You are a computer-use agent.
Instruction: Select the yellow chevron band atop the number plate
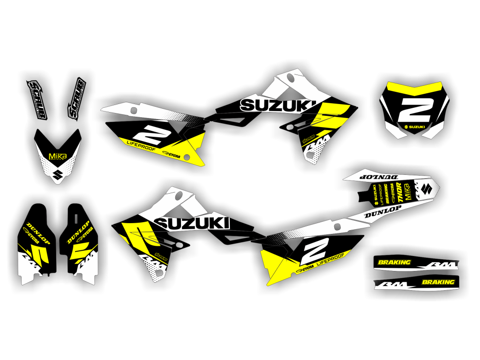click(414, 88)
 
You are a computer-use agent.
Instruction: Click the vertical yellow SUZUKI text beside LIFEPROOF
click(375, 194)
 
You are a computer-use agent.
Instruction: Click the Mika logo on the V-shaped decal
click(58, 156)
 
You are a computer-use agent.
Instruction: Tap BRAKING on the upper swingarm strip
click(394, 262)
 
